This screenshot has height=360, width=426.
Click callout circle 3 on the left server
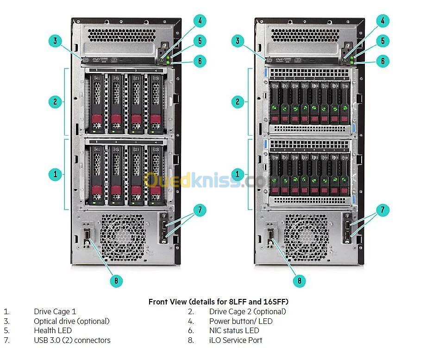(x=55, y=41)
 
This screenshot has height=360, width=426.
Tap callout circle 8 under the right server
(x=299, y=280)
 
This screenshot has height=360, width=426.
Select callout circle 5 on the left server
(x=200, y=41)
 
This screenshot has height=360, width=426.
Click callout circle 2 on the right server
(x=238, y=102)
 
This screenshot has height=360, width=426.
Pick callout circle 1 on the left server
(x=55, y=174)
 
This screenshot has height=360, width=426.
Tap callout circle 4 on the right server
(x=382, y=21)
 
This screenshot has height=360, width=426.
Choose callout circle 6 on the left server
(x=200, y=61)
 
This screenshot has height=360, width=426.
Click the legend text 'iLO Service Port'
(x=235, y=340)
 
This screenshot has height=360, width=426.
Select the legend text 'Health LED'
(x=53, y=330)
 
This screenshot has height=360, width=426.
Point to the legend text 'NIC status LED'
(x=234, y=330)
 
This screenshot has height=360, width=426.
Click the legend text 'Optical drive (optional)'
(x=72, y=321)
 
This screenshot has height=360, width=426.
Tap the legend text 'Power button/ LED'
(x=241, y=321)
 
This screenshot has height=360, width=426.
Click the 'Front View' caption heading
(x=218, y=302)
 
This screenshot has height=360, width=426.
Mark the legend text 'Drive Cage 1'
(x=55, y=311)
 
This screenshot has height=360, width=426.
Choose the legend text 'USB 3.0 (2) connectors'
(x=72, y=340)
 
